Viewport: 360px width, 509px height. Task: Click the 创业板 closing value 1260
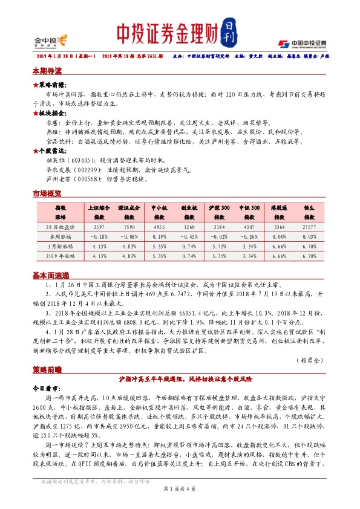pos(190,227)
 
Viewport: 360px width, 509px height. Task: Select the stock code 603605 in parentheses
pos(83,161)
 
